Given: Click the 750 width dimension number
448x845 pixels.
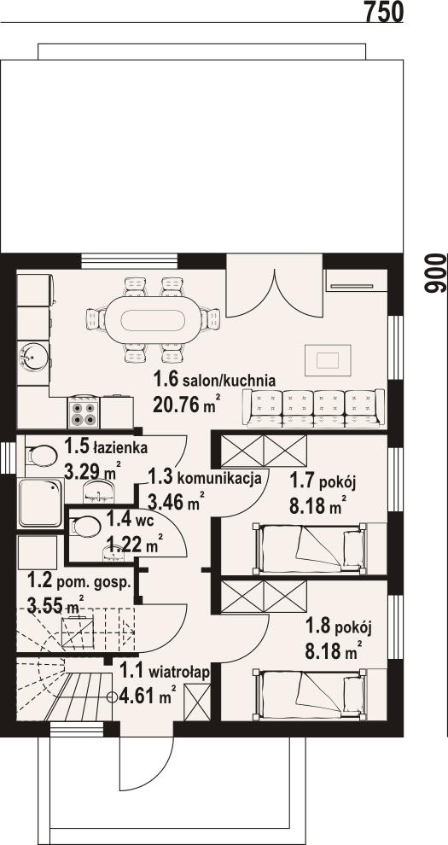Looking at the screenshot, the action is click(x=384, y=12).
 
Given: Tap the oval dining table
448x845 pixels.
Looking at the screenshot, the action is click(x=152, y=321).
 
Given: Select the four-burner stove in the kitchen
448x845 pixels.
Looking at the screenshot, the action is click(x=84, y=412).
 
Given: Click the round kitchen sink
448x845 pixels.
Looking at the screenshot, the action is click(x=33, y=356).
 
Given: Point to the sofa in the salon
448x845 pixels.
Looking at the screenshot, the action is click(x=313, y=409).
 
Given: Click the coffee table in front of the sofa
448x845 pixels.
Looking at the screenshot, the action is click(x=328, y=360).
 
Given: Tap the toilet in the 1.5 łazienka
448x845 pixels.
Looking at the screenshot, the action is click(x=41, y=456).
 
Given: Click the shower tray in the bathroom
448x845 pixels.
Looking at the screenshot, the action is click(x=40, y=503).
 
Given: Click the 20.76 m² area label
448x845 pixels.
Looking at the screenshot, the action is click(x=187, y=405).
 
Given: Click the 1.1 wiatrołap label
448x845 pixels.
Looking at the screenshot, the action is click(x=164, y=671).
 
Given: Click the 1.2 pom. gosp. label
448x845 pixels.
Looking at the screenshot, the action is click(x=79, y=582).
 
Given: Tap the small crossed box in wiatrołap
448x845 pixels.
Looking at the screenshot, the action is click(x=196, y=702).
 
